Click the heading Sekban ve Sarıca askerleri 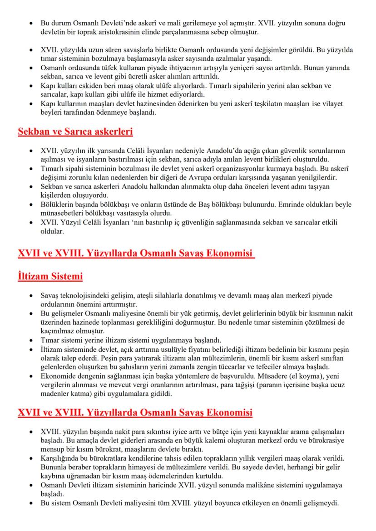point(75,132)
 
